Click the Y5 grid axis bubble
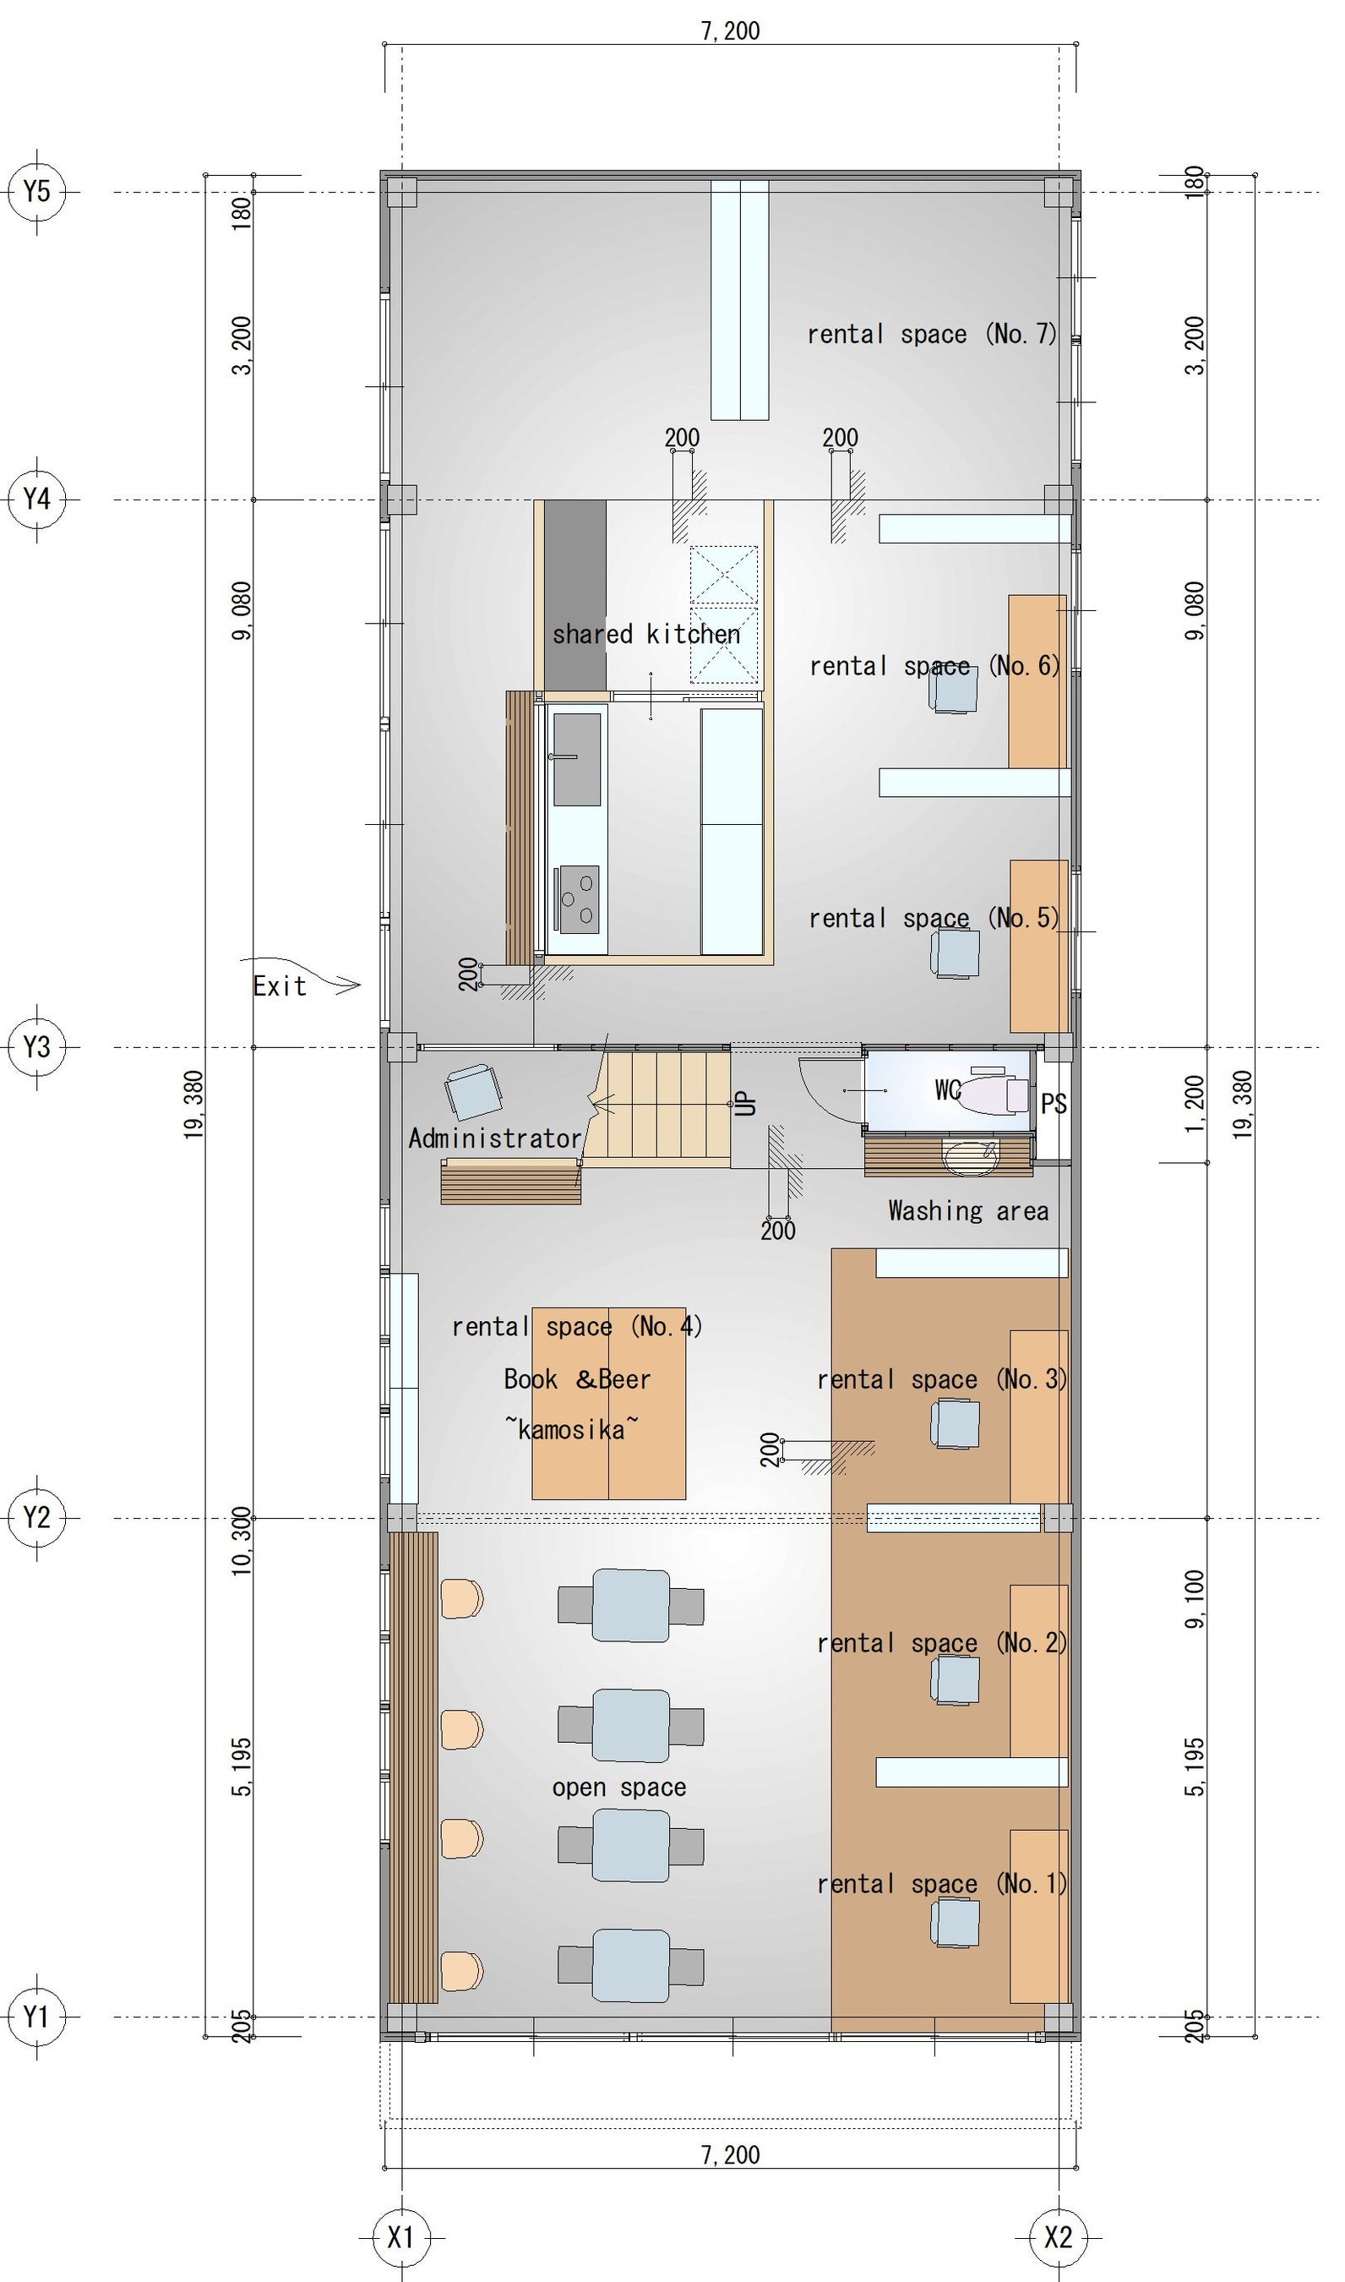[x=36, y=192]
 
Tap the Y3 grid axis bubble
[x=36, y=1047]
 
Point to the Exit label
[x=279, y=986]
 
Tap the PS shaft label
[x=1054, y=1105]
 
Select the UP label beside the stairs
[x=746, y=1103]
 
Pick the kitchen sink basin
[x=576, y=759]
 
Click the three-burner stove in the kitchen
[x=577, y=899]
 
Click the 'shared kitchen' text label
[x=646, y=634]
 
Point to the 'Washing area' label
[x=968, y=1211]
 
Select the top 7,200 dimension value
[x=731, y=30]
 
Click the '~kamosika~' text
[x=571, y=1430]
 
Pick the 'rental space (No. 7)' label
[x=933, y=335]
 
